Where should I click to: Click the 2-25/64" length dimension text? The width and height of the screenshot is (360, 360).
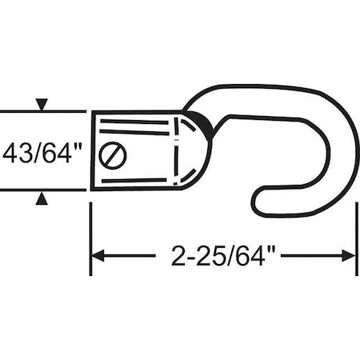tap(223, 256)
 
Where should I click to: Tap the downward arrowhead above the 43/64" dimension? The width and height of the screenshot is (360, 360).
tap(42, 104)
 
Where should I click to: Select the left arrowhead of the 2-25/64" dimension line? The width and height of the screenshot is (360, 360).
tap(98, 256)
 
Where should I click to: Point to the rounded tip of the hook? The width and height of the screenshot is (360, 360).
tap(258, 201)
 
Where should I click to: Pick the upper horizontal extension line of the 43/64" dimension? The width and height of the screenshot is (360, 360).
tap(44, 111)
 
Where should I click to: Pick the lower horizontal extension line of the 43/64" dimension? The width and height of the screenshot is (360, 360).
tap(44, 190)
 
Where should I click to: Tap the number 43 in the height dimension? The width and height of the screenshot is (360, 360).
tap(22, 152)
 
